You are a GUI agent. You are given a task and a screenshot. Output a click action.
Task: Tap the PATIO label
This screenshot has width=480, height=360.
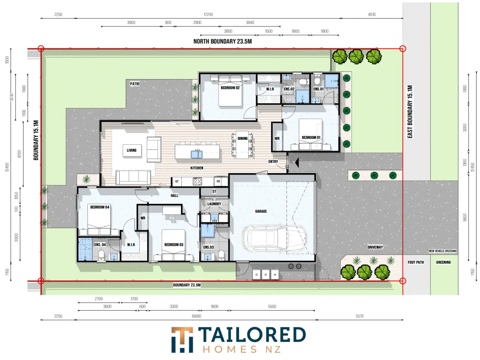coord(134,84)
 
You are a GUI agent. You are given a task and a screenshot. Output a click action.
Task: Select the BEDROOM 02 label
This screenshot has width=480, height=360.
coord(230,88)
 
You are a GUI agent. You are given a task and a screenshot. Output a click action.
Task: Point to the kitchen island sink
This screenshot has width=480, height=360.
coord(196,154)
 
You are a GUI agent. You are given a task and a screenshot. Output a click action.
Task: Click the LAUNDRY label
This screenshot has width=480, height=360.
coord(214,204)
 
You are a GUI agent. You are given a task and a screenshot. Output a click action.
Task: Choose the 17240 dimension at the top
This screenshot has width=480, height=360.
coord(208,14)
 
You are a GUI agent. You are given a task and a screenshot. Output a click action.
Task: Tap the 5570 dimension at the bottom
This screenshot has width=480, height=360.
coord(359,316)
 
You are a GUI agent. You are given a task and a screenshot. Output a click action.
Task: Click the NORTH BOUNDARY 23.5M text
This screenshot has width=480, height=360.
coord(222,41)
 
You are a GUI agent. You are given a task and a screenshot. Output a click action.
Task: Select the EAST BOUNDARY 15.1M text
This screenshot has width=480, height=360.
coord(409,112)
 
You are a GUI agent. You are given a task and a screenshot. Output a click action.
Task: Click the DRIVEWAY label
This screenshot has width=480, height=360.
coord(375,247)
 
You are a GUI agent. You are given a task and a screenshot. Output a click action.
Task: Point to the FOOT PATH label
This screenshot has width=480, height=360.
coord(415,262)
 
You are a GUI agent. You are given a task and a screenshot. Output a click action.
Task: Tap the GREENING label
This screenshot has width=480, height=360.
coord(443,262)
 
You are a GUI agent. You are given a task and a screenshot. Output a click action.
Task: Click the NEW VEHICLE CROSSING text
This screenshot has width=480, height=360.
coord(442,251)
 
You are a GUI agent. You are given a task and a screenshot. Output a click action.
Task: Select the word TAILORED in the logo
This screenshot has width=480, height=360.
coord(252,334)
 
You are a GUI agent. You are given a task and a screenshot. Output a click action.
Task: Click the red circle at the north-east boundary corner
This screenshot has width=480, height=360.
coord(402,49)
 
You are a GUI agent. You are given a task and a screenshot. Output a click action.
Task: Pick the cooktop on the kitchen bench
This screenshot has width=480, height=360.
coord(197,181)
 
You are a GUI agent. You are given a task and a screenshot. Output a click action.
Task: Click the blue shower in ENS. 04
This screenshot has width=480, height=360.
coord(85,249)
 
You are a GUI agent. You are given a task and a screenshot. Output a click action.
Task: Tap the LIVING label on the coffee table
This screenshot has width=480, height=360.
coord(131,150)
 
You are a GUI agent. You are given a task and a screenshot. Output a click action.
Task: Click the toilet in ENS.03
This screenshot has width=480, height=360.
coord(221,255)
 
